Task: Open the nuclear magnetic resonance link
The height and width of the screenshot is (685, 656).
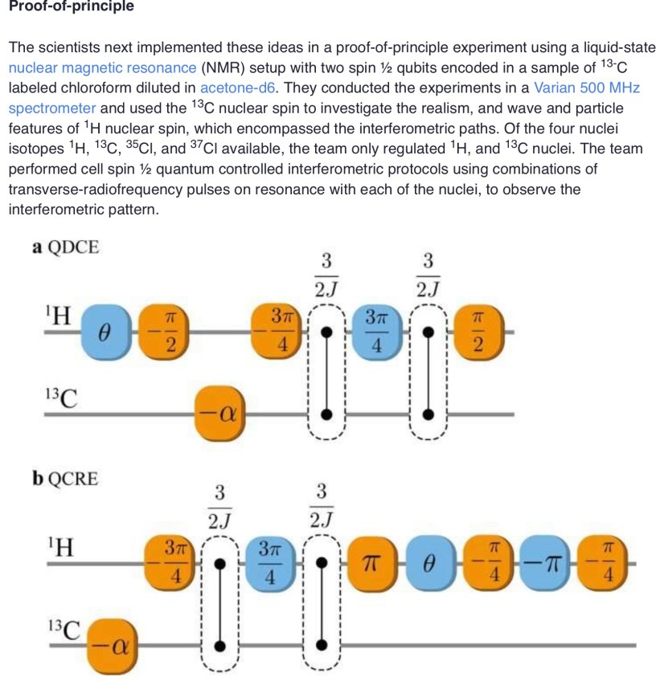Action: pos(102,67)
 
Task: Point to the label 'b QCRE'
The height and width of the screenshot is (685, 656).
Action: pos(65,479)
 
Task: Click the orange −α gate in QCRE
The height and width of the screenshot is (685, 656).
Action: pos(114,644)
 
